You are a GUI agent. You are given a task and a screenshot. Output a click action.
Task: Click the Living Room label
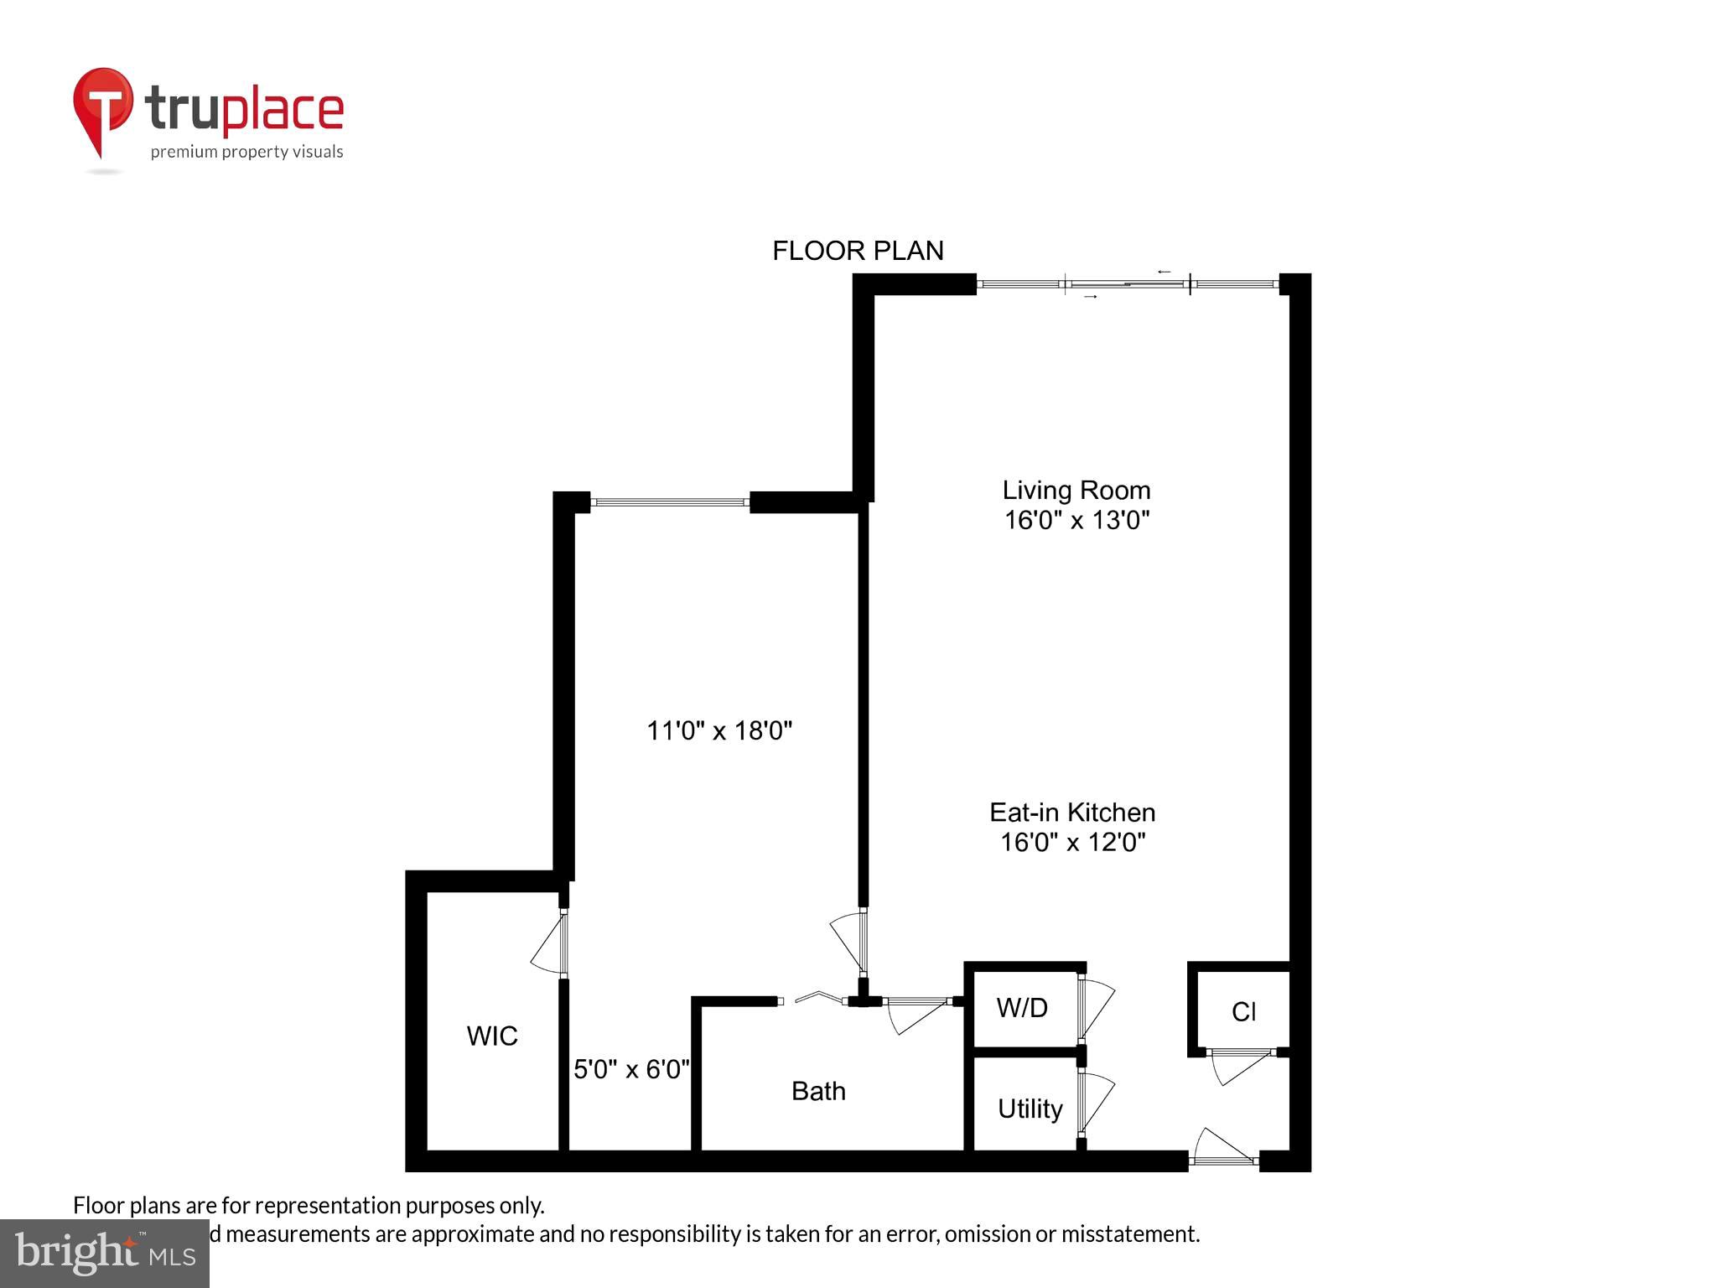(x=1076, y=490)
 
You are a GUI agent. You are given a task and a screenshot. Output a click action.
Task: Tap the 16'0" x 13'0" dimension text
(x=1076, y=520)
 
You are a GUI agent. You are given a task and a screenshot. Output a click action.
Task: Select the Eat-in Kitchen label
(x=1072, y=812)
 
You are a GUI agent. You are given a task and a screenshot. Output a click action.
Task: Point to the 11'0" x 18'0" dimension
(x=719, y=730)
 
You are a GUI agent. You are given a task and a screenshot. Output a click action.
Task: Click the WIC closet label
(x=492, y=1036)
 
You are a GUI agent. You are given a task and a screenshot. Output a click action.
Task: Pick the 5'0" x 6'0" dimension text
(x=631, y=1069)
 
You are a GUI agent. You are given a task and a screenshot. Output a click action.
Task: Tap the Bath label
(x=818, y=1091)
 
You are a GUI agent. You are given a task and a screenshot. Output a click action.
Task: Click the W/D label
(x=1022, y=1007)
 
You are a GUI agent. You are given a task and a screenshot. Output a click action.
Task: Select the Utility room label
(x=1030, y=1109)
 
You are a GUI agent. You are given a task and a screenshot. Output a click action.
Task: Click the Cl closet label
(x=1243, y=1012)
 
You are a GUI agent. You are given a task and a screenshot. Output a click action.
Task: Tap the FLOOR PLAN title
(x=858, y=251)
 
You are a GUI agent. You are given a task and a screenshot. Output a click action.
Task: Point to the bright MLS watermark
(x=104, y=1253)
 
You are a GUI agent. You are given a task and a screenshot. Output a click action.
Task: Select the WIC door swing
(x=549, y=946)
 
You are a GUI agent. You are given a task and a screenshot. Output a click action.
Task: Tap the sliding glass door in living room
(x=1128, y=285)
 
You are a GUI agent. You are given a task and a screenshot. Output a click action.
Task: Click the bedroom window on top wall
(x=670, y=502)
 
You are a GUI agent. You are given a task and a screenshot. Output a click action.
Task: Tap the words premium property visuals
(x=246, y=152)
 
